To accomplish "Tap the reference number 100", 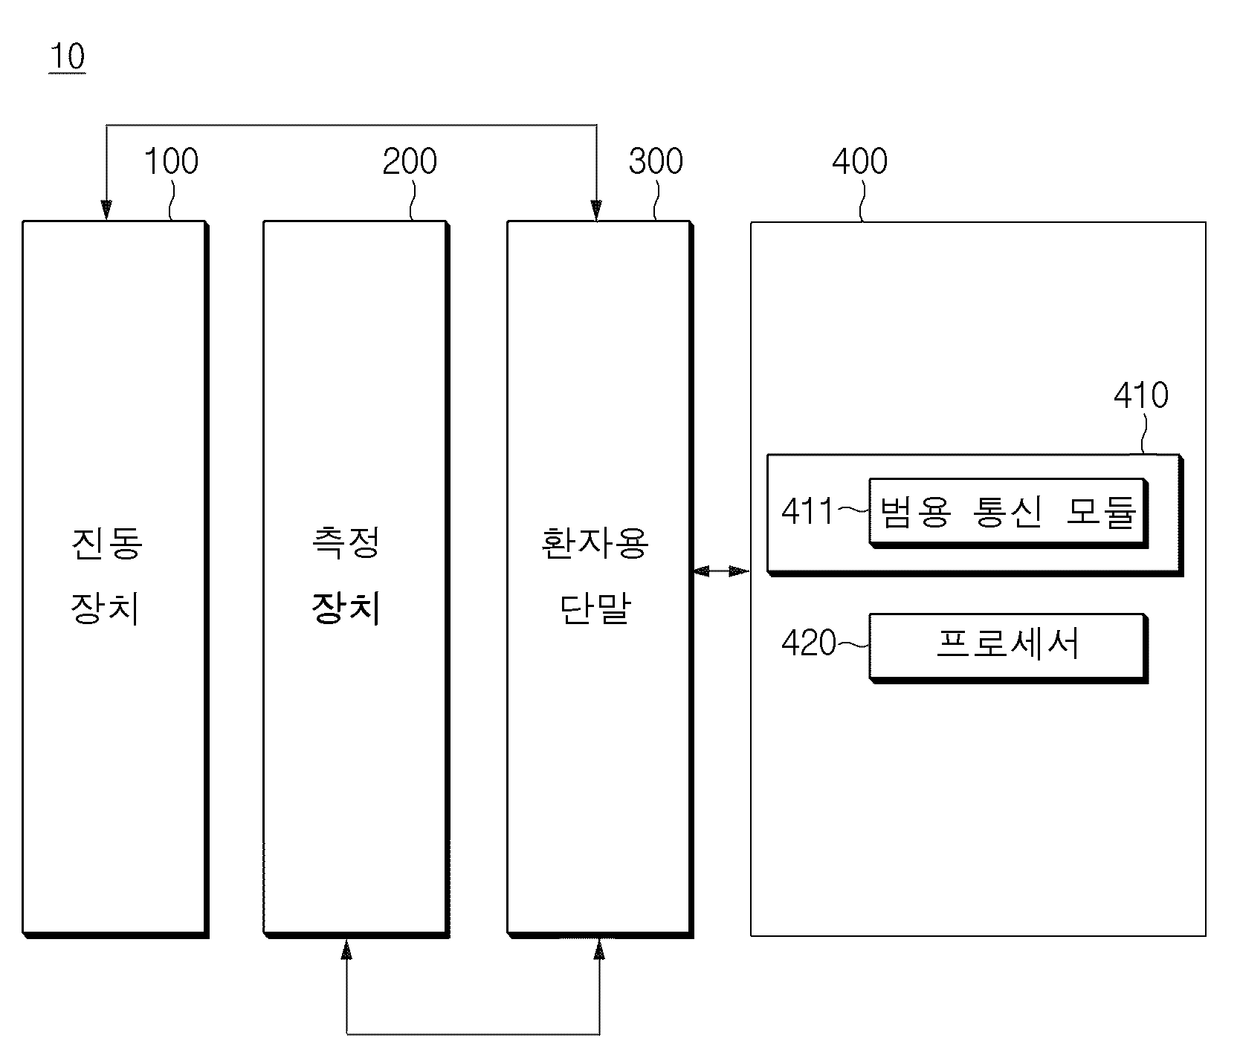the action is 171,161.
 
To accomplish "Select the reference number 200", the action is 410,161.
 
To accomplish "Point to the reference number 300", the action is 656,161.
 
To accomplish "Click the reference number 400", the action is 860,161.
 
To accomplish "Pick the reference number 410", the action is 1141,395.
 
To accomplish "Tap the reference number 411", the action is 807,513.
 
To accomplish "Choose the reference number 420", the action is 809,643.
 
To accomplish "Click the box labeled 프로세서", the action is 1009,647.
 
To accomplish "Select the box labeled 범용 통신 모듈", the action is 1009,513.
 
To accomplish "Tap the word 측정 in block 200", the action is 346,543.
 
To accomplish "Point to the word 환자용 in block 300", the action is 595,543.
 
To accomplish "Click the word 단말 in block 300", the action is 595,609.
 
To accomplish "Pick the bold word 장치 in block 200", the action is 346,609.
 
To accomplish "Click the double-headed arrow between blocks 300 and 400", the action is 720,571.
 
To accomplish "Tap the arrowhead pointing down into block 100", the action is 106,211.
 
